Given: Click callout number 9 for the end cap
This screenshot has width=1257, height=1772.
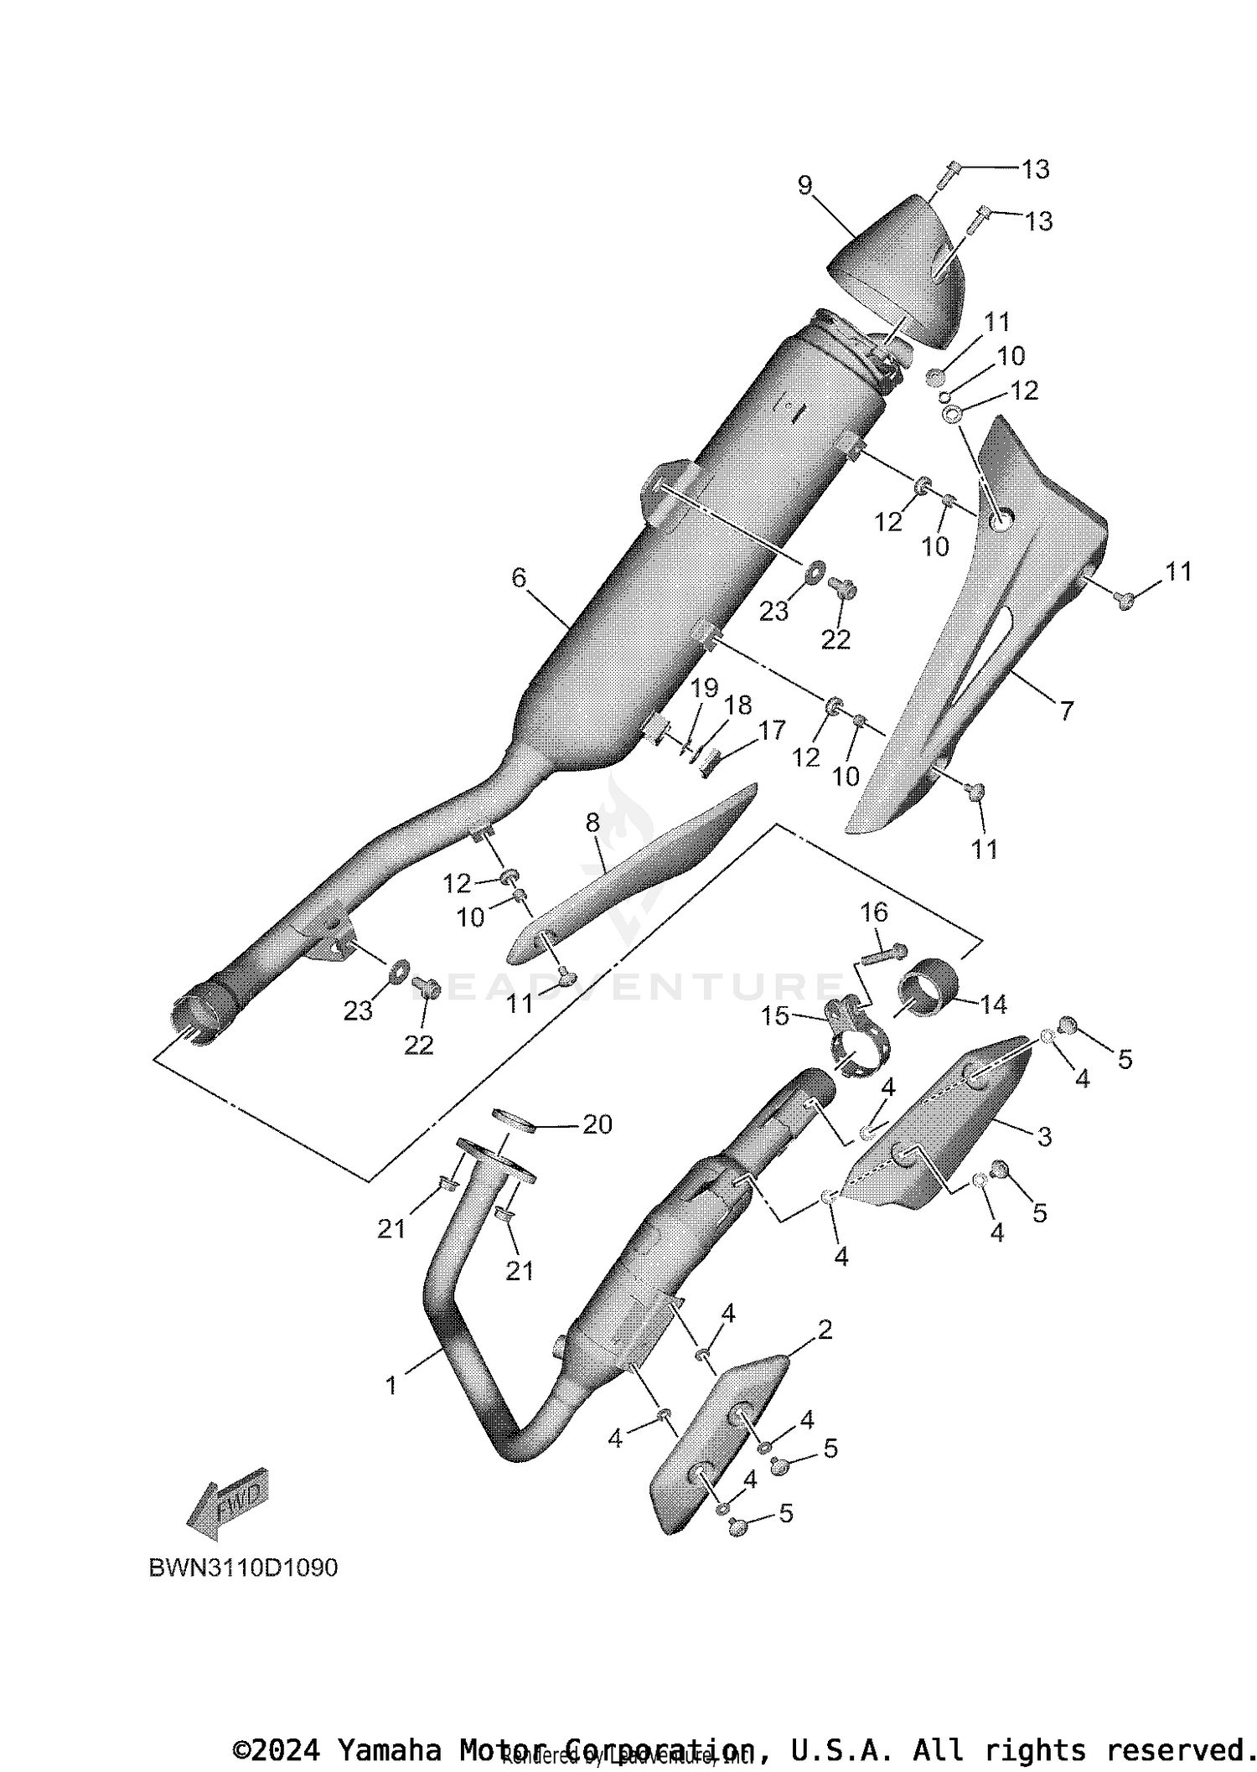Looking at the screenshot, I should (x=804, y=185).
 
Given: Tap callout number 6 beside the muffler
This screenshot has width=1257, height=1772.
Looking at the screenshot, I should (x=519, y=577).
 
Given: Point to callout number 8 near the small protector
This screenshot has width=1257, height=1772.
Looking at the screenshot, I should (x=592, y=823).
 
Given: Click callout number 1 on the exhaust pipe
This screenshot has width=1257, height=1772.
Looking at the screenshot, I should (x=391, y=1385).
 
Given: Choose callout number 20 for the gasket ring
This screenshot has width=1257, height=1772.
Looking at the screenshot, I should (x=597, y=1124).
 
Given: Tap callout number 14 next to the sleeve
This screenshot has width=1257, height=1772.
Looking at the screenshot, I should (x=993, y=1004).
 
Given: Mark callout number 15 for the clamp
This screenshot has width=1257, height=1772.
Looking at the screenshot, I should (x=775, y=1016).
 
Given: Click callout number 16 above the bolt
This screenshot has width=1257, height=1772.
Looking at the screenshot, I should (x=874, y=912).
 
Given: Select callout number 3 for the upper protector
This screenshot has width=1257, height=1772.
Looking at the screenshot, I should (x=1044, y=1137).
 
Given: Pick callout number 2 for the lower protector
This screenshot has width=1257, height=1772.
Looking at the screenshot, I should (x=825, y=1330).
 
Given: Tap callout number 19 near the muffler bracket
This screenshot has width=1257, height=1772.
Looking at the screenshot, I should (x=704, y=689).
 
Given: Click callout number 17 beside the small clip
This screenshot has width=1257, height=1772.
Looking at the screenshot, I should (x=771, y=731).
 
